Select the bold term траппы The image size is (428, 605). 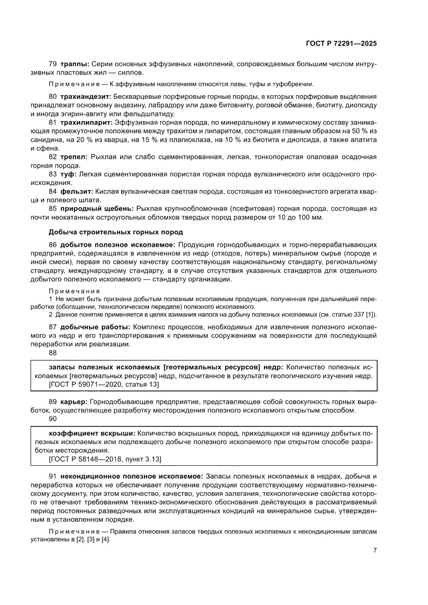tap(75, 64)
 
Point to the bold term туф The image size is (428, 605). tap(69, 173)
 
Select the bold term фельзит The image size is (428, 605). tap(77, 191)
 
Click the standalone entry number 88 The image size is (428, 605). tap(52, 352)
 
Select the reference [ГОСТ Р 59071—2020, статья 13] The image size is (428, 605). tap(103, 385)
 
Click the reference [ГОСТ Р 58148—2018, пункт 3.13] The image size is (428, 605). tap(105, 459)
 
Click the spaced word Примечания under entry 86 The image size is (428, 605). tap(74, 291)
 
